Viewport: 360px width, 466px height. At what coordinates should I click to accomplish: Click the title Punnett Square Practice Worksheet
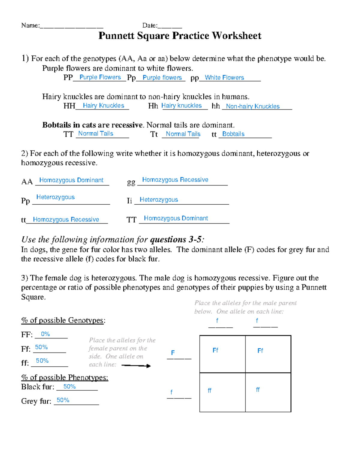180,36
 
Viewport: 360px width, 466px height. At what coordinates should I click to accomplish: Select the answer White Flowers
224,77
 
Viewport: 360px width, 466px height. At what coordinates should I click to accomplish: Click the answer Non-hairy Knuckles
253,106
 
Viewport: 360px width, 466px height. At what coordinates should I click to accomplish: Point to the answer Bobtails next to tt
233,134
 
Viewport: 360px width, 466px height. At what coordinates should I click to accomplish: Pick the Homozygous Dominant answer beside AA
71,180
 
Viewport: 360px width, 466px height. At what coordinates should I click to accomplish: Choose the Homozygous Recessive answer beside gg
175,180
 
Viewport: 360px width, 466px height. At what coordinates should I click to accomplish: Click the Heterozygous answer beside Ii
159,200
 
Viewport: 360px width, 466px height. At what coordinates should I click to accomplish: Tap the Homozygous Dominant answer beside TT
176,218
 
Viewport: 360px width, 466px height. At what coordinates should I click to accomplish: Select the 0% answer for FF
45,334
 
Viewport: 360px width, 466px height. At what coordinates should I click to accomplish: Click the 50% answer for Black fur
69,386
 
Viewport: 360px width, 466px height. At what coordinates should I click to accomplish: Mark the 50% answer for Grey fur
63,400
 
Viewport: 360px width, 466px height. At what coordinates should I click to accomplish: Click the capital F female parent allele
173,353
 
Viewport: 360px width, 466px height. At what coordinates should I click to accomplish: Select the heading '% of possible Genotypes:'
63,320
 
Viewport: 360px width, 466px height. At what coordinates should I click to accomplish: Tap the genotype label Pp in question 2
25,200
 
